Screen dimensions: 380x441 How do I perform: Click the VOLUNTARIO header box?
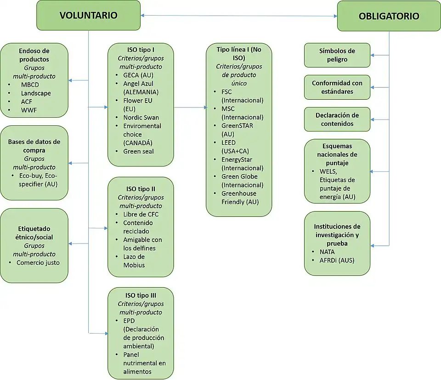[88, 15]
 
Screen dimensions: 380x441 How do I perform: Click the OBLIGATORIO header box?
[389, 16]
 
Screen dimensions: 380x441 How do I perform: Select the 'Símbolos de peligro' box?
[337, 55]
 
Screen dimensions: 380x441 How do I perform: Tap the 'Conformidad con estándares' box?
[337, 87]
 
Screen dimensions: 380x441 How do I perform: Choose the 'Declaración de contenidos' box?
[337, 119]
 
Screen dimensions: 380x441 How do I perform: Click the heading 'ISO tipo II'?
[141, 189]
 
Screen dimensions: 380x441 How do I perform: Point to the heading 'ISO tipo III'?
[141, 295]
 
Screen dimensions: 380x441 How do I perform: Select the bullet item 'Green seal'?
[138, 151]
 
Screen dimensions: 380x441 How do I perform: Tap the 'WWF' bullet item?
[28, 110]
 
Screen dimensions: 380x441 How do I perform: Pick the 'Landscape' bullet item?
[36, 93]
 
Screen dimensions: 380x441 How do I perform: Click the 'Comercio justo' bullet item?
[38, 263]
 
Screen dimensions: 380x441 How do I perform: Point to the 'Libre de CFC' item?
[141, 214]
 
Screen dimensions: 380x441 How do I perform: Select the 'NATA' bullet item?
[327, 252]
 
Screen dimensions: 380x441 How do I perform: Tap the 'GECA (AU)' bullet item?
[138, 75]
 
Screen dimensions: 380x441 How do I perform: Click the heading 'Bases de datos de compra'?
[34, 146]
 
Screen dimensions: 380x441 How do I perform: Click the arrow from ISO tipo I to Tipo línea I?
[190, 108]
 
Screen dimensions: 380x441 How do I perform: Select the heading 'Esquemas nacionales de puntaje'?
[337, 154]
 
